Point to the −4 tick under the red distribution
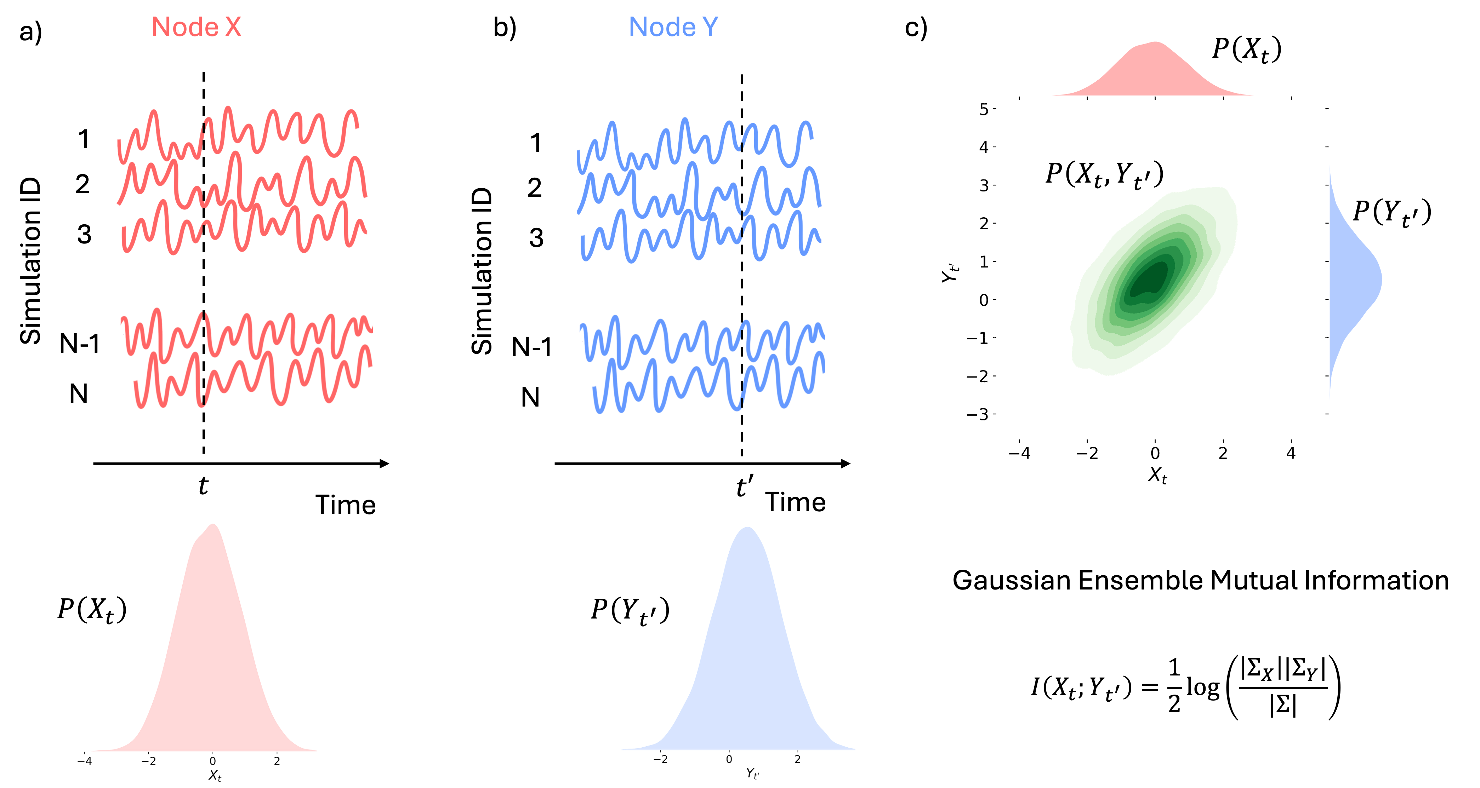[x=85, y=761]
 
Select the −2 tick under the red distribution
[x=148, y=761]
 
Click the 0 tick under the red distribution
[x=212, y=761]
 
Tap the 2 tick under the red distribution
[x=277, y=761]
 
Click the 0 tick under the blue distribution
[x=729, y=759]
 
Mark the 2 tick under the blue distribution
[x=797, y=759]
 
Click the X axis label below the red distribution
[x=214, y=776]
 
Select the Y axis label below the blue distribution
[x=752, y=773]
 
